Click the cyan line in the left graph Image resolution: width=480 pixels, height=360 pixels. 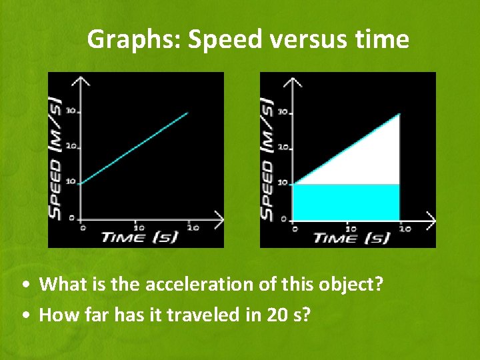pos(133,149)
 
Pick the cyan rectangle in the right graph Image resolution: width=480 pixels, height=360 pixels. pos(347,201)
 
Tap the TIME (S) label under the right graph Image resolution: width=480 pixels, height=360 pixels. pos(351,237)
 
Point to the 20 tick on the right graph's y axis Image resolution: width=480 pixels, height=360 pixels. pos(283,147)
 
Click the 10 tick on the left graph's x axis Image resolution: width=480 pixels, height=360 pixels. pos(138,227)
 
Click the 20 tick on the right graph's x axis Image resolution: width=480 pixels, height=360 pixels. pos(404,228)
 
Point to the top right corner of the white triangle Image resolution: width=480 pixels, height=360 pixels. pos(398,115)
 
